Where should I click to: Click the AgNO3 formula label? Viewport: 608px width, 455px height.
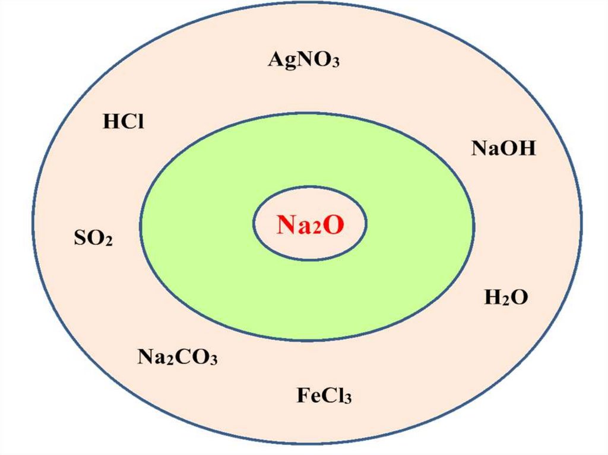(x=303, y=59)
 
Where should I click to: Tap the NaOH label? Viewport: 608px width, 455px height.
(x=503, y=148)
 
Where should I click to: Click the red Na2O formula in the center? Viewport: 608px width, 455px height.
(x=309, y=224)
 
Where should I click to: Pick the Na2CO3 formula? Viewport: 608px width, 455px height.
(x=178, y=357)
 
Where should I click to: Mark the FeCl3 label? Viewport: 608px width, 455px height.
(x=324, y=394)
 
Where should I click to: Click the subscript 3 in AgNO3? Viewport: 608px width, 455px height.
(x=335, y=63)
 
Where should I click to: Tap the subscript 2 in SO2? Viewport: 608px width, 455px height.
(x=109, y=243)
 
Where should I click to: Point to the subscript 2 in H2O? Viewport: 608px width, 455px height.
(x=501, y=300)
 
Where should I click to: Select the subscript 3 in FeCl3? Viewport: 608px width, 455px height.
(x=348, y=398)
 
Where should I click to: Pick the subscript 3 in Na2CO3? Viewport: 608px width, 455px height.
(x=213, y=360)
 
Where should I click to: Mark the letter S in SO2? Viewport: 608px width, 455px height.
(x=79, y=239)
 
